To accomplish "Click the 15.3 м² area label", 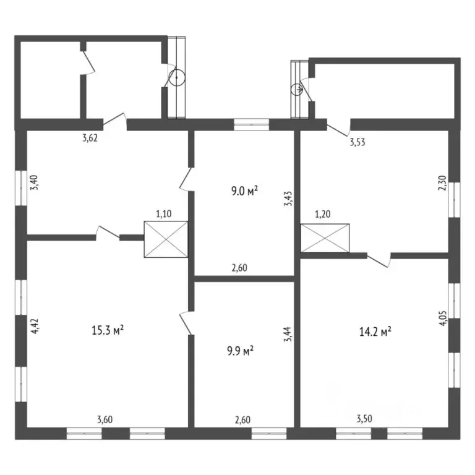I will click(108, 330).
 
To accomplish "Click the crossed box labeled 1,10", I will click(165, 240).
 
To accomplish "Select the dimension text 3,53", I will click(357, 142).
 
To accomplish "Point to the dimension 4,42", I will click(35, 325).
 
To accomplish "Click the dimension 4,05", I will click(442, 325).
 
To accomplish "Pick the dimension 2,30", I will click(442, 184).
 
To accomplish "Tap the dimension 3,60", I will click(105, 420).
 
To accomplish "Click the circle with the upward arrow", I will click(177, 78).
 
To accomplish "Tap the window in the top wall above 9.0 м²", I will click(252, 124).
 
